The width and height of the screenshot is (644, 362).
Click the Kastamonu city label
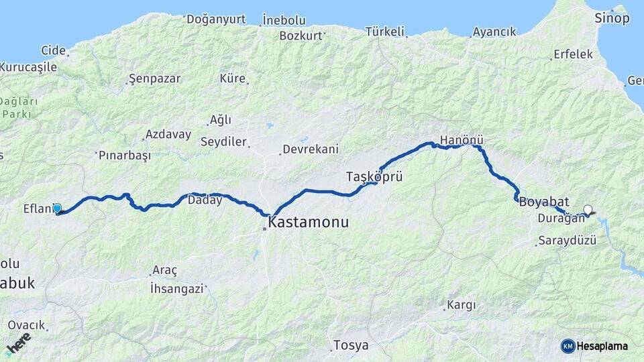coord(309,222)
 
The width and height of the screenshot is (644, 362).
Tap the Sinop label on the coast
coord(612,18)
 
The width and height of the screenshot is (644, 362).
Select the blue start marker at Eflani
coord(57,208)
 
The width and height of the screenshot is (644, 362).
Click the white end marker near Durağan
coord(588,210)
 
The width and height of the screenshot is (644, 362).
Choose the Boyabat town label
coord(544,201)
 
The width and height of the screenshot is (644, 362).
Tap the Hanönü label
coord(462,140)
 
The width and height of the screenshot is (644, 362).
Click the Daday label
coord(205,200)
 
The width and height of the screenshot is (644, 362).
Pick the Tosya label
coord(351,346)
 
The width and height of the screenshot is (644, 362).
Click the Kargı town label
coord(460,305)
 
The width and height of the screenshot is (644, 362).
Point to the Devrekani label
coord(311,149)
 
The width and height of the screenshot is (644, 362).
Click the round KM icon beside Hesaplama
coord(568,346)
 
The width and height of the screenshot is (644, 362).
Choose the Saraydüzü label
coord(567,241)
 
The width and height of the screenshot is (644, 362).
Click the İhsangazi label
coord(176,288)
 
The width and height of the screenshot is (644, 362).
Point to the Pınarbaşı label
coord(124,155)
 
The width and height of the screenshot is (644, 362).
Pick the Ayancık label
coord(494,32)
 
